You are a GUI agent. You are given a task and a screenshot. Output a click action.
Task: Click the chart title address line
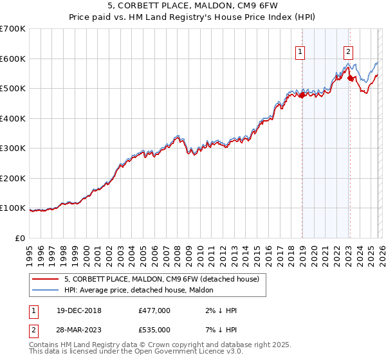point(193,6)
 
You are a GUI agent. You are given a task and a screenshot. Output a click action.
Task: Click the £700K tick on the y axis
point(13,29)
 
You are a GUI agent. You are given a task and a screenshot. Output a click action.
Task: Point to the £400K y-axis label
point(13,118)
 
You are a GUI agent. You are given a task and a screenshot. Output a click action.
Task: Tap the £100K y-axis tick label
point(13,208)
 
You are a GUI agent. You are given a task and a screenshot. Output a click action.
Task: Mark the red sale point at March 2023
point(350,78)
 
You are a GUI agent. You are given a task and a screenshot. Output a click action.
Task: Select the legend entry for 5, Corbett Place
point(161,279)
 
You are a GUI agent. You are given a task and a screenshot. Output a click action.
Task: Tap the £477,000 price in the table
point(154,310)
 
